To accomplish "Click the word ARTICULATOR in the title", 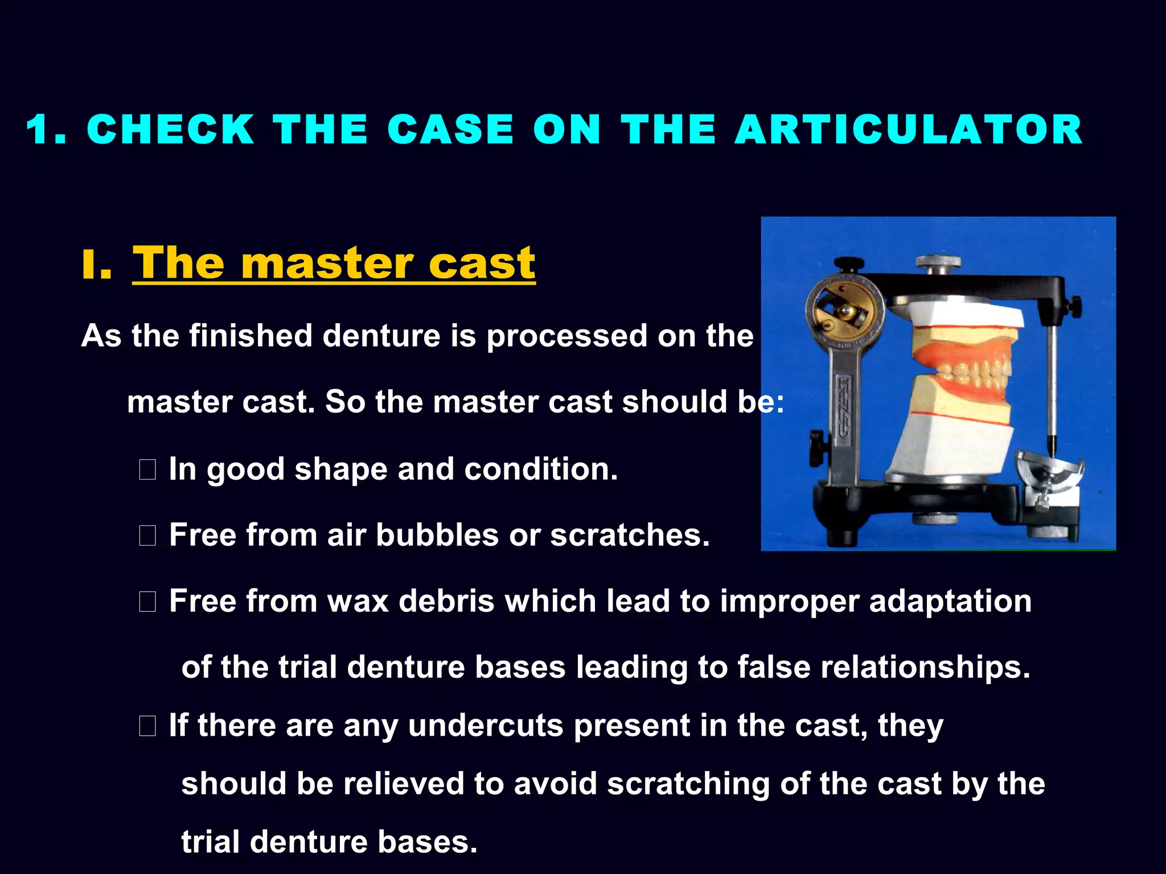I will click(x=908, y=130).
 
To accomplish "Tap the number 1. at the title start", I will click(x=46, y=130).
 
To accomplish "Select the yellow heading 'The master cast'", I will click(x=334, y=263).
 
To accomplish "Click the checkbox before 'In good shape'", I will click(x=147, y=470).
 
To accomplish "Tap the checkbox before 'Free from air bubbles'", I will click(x=147, y=536).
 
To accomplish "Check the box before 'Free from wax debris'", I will click(x=147, y=602).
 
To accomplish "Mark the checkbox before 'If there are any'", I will click(x=147, y=726).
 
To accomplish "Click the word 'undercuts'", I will click(x=485, y=726).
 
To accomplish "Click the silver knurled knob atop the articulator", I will click(x=938, y=263).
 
